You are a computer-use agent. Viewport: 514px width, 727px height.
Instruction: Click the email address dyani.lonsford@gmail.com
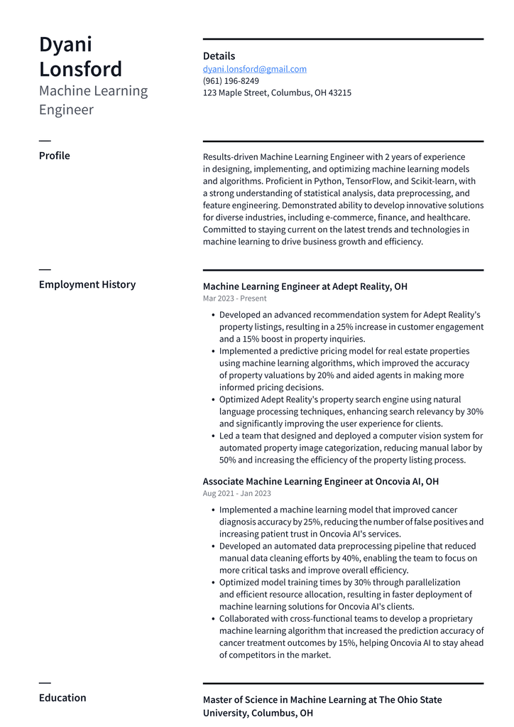tap(255, 69)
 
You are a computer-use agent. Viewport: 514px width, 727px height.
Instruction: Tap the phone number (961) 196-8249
tap(231, 81)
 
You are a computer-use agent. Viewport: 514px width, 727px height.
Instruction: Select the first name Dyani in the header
tap(65, 44)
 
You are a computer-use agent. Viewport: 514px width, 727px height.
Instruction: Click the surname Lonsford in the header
tap(80, 69)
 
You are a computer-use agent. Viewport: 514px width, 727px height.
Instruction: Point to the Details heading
tap(219, 56)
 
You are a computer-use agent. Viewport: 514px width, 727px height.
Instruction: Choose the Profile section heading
tap(55, 156)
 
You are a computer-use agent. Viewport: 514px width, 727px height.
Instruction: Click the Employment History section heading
tap(87, 284)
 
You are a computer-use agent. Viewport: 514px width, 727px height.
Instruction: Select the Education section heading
tap(62, 698)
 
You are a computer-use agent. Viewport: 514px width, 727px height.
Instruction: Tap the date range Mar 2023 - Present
tap(235, 298)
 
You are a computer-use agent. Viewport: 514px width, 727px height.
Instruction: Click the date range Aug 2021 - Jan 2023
tap(237, 493)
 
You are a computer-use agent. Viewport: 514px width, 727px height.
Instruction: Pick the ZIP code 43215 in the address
tap(339, 93)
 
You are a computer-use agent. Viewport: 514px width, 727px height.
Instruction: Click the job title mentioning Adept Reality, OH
tap(305, 286)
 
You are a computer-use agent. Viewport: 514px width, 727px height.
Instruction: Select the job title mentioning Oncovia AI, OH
tap(321, 481)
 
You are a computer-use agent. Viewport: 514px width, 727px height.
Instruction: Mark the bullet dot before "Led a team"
tap(213, 436)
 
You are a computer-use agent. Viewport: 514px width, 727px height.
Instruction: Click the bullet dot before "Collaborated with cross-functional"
tap(213, 619)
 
